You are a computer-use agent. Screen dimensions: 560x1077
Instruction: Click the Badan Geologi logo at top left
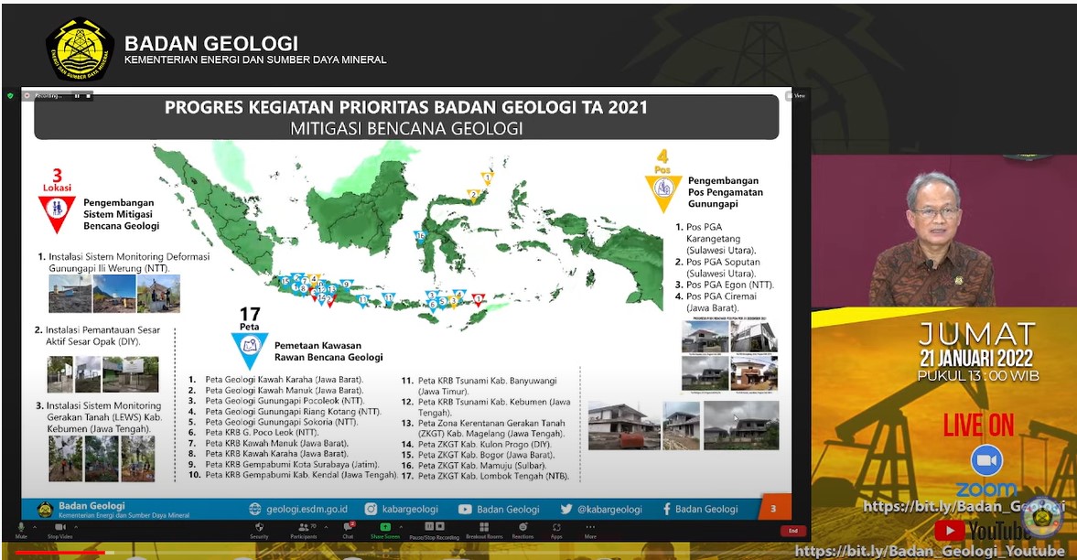[x=80, y=49]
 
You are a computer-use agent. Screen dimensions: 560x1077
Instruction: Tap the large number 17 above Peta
[x=249, y=315]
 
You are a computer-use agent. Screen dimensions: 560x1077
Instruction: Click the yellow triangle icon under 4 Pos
[x=662, y=189]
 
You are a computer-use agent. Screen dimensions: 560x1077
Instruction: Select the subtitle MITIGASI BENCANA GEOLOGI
[x=406, y=129]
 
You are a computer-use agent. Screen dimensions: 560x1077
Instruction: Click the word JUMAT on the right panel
[x=976, y=334]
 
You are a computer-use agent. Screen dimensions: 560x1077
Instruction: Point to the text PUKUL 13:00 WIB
[x=978, y=375]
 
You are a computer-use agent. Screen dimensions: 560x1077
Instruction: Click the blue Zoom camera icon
[x=986, y=459]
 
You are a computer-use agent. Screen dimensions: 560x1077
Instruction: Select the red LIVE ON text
[x=979, y=425]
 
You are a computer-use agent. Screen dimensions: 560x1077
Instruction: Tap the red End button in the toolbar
[x=792, y=531]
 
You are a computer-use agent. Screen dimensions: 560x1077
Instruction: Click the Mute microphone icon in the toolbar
[x=20, y=528]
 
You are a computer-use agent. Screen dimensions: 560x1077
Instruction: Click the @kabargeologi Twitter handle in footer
[x=595, y=509]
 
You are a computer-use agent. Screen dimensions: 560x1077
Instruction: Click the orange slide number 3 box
[x=774, y=509]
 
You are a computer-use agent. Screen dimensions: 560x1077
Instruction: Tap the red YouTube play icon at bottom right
[x=949, y=530]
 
